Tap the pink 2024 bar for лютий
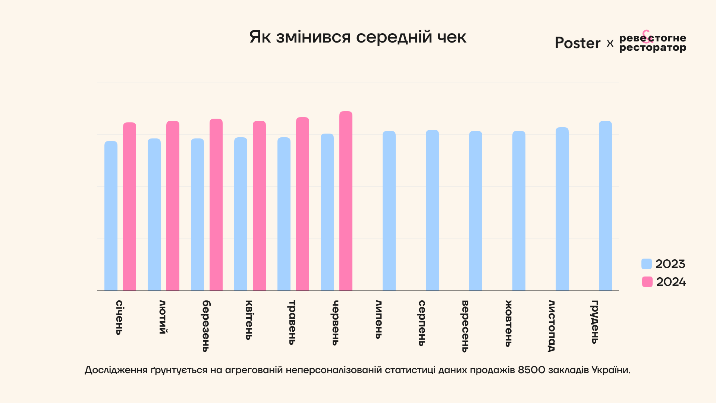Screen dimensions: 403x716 coord(173,206)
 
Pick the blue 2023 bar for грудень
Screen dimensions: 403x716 coord(605,206)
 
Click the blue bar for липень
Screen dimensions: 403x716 coord(389,211)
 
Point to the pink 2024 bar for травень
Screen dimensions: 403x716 coord(302,204)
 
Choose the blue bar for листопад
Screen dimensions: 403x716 coord(562,209)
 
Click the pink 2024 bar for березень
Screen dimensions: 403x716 coord(216,204)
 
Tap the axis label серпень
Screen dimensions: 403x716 coord(422,323)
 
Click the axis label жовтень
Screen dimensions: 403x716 coord(508,324)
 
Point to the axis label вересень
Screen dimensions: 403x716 coord(465,326)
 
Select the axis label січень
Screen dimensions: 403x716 coord(119,318)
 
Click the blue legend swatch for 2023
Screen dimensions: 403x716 coord(646,264)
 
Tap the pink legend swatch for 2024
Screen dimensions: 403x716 coord(647,282)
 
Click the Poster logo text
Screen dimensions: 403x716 coord(577,43)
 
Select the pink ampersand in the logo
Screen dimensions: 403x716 coord(646,36)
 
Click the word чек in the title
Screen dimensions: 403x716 coord(452,37)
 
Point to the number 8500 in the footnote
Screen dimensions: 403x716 coord(531,370)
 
